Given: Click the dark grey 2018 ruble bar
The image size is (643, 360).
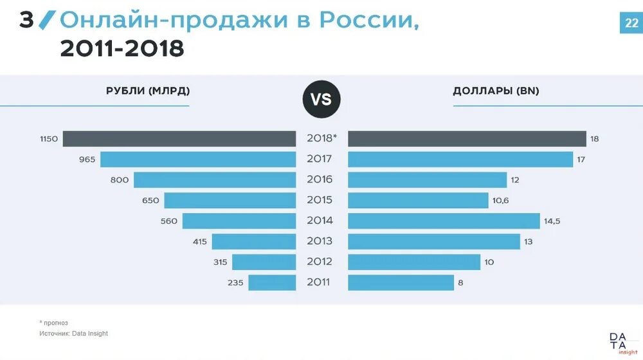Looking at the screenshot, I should click(179, 139).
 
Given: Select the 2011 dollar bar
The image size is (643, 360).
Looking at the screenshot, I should click(401, 282).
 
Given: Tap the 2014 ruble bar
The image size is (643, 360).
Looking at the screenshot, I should click(239, 221).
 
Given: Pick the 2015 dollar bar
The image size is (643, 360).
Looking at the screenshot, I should click(418, 201).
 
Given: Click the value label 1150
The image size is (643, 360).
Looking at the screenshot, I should click(49, 139).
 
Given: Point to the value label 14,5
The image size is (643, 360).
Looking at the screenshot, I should click(553, 221).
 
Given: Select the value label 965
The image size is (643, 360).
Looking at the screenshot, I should click(87, 159).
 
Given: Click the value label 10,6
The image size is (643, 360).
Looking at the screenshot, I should click(500, 201).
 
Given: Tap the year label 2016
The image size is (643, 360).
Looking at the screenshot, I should click(320, 180).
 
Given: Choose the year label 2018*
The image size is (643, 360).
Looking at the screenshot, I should click(321, 139).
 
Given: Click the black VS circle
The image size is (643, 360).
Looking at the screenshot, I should click(321, 100).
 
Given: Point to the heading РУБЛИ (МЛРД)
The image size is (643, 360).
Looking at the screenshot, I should click(148, 91).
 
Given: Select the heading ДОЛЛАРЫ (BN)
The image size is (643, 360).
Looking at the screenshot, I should click(496, 91).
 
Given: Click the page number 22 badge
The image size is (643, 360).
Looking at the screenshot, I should click(630, 24).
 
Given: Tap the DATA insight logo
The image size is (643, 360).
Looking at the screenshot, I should click(618, 343).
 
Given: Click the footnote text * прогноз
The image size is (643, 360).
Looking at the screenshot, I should click(53, 323).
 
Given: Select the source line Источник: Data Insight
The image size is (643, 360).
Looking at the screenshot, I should click(73, 334).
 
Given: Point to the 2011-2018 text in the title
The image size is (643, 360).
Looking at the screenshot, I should click(122, 48).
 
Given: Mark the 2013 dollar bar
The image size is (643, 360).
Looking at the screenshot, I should click(433, 242).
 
